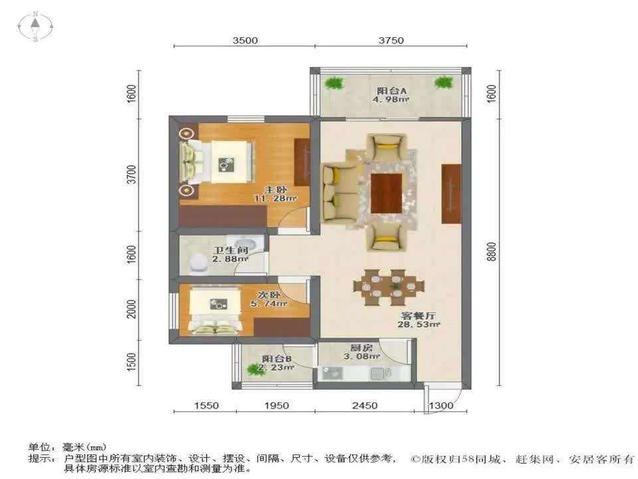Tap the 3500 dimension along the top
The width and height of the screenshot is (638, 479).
[x=245, y=40]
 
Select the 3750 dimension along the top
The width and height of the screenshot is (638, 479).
[x=391, y=40]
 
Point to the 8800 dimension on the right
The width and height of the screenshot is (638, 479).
[x=491, y=252]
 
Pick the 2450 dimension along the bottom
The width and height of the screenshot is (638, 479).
[x=365, y=405]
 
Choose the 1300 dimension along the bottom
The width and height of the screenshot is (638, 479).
[x=441, y=405]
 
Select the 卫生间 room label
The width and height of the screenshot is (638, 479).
[x=225, y=251]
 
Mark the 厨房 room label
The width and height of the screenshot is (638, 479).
[x=361, y=348]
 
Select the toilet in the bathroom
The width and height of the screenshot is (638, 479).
[x=197, y=264]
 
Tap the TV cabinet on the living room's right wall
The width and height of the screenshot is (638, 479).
[x=451, y=194]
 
